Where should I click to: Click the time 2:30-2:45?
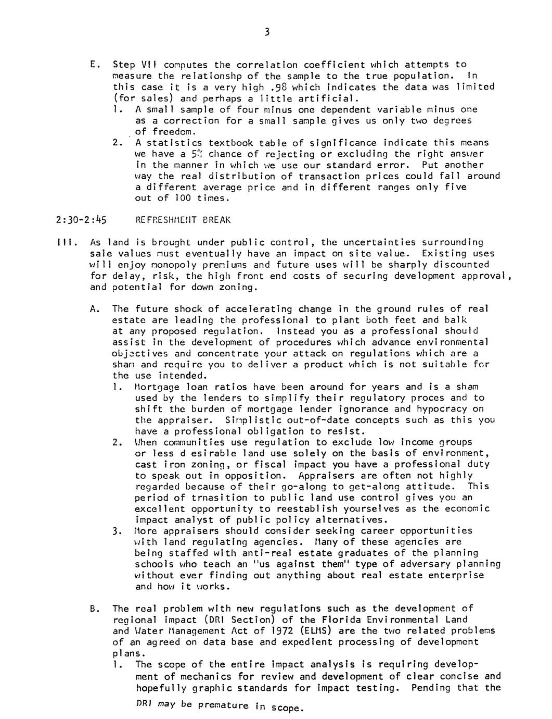click(81, 220)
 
